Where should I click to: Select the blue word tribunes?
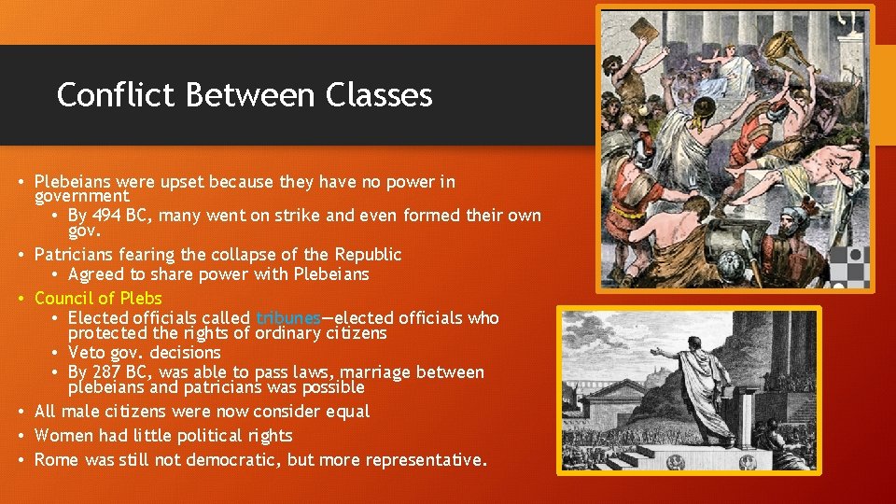tap(287, 318)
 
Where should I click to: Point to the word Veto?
tap(87, 353)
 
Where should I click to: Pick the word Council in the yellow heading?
tap(63, 299)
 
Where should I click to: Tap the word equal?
tap(348, 412)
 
